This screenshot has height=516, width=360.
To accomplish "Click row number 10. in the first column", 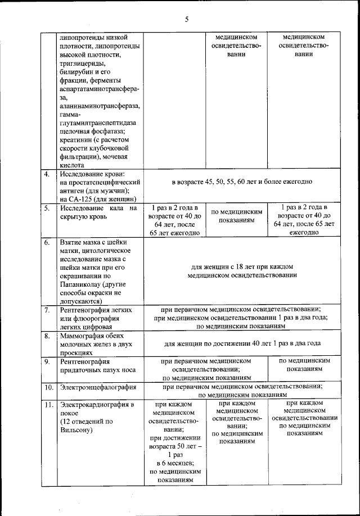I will tap(48, 387).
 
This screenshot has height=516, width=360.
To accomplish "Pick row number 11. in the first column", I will tap(48, 404).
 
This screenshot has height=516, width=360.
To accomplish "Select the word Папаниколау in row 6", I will tap(81, 284).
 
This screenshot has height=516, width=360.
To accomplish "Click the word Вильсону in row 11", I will tap(76, 430).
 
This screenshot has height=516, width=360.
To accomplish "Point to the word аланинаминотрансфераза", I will tap(100, 106).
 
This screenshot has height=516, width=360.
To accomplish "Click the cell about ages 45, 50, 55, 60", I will tap(242, 182).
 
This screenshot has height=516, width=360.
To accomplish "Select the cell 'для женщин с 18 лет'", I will tap(242, 271).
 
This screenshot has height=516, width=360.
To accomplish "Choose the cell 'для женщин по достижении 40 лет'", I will tap(242, 343).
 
